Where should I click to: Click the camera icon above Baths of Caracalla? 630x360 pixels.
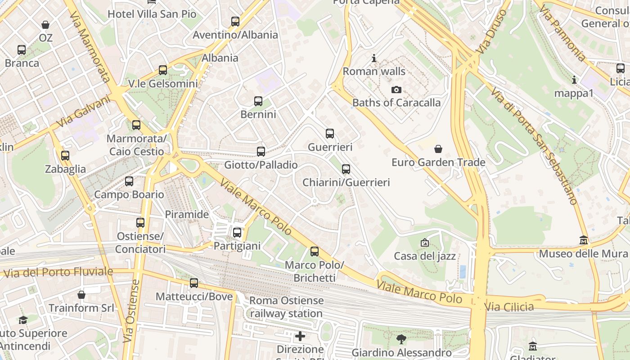[396, 90]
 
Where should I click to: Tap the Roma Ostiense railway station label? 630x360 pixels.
[286, 307]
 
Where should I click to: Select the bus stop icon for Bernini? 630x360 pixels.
[258, 101]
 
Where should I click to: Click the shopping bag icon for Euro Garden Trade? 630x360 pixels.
[438, 149]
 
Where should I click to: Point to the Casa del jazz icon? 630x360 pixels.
[424, 243]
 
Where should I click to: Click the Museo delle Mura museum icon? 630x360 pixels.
[584, 240]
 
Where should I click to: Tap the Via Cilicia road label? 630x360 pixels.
[509, 307]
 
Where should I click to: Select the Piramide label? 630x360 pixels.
[187, 214]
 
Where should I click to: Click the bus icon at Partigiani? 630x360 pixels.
[237, 233]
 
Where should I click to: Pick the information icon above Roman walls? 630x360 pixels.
[373, 58]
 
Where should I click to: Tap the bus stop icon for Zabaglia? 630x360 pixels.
[65, 156]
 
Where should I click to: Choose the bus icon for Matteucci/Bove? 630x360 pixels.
[194, 283]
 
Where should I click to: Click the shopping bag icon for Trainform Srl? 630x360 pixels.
[81, 295]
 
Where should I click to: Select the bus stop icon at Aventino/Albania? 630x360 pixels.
[235, 22]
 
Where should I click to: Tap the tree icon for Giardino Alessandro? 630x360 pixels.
[401, 339]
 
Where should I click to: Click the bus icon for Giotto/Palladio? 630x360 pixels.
[261, 152]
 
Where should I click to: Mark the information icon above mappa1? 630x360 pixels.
[574, 80]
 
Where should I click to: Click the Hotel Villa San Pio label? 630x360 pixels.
[152, 14]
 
